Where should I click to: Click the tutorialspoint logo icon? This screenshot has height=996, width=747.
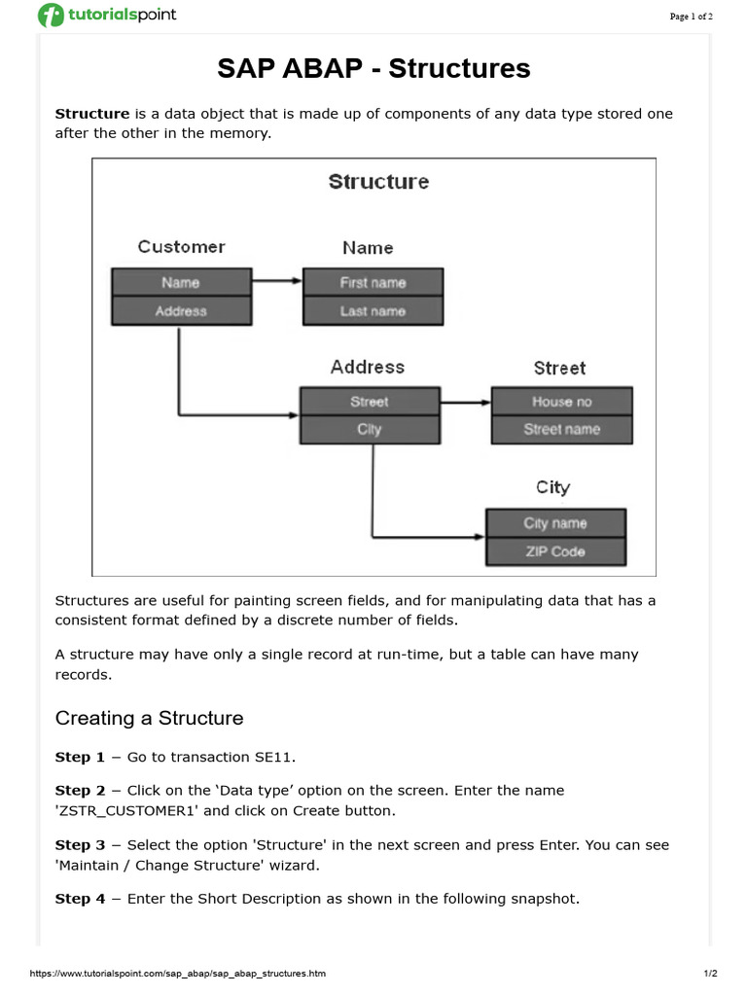[x=50, y=16]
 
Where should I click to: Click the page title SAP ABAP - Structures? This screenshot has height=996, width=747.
[x=373, y=68]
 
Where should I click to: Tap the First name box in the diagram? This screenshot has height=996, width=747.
[x=373, y=283]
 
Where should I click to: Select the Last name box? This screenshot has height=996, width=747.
[x=373, y=311]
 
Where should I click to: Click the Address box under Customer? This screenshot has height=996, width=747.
[x=181, y=311]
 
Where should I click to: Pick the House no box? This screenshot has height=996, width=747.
[x=561, y=402]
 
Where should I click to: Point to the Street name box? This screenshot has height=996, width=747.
[x=561, y=430]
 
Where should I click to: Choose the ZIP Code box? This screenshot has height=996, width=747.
[x=554, y=551]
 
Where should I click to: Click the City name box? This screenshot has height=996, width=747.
[x=554, y=523]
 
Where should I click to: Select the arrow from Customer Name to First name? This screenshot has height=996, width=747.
[x=277, y=282]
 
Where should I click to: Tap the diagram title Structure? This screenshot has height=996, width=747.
[x=378, y=182]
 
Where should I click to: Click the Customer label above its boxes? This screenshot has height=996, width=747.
[x=181, y=247]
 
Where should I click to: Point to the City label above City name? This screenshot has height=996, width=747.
[x=552, y=487]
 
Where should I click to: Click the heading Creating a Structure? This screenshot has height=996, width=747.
[x=149, y=718]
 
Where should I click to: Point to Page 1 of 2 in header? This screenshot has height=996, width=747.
[x=691, y=16]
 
